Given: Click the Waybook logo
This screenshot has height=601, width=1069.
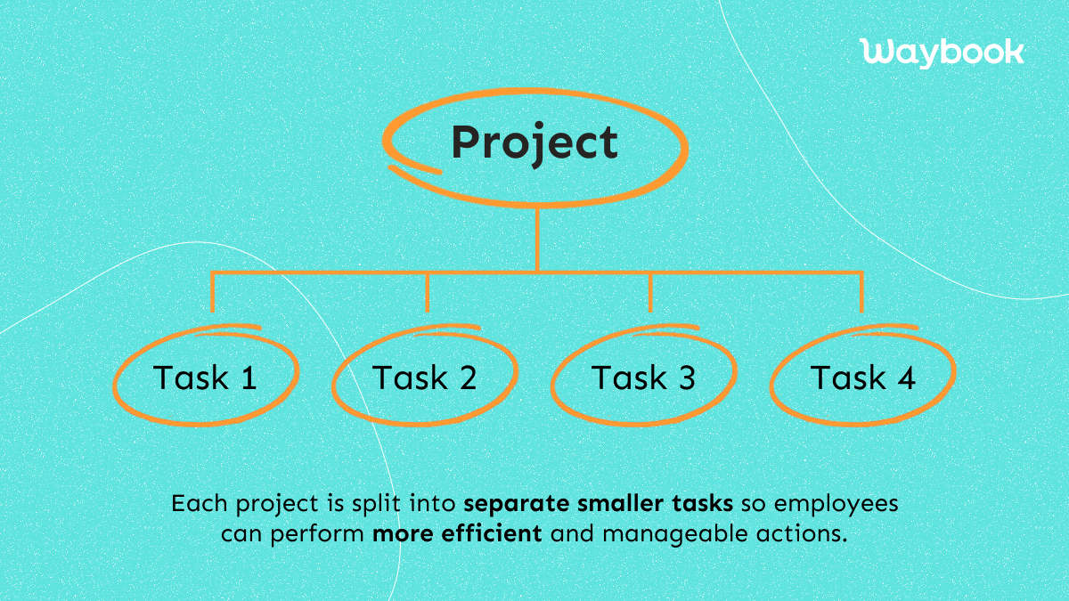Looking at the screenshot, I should [x=943, y=51].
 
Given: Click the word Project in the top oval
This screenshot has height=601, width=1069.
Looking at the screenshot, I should [x=534, y=142].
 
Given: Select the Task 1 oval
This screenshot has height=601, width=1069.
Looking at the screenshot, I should [x=205, y=378].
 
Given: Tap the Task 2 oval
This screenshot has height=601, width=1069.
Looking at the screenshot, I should [x=425, y=378].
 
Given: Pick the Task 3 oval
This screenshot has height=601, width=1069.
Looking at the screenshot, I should [x=643, y=378].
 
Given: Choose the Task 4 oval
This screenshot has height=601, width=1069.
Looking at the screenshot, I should [x=862, y=378].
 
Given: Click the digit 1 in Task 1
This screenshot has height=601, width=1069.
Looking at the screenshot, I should [x=249, y=378].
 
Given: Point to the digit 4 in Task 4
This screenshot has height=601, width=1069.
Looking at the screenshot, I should [x=907, y=378].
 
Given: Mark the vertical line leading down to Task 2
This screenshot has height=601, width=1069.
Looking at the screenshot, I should [x=428, y=291].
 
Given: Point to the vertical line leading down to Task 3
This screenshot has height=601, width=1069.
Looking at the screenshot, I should [x=649, y=291].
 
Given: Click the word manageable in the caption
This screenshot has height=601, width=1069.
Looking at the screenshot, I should [x=653, y=535].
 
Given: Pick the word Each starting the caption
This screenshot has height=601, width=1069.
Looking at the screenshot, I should [x=194, y=504].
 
